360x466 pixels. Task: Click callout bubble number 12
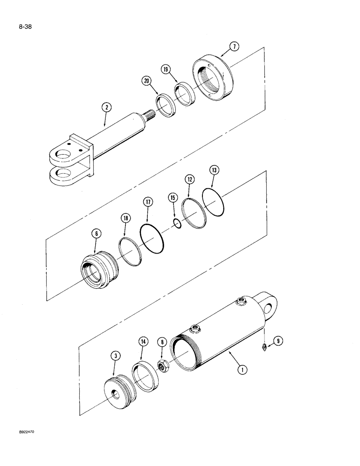189,179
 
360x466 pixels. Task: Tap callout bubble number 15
173,198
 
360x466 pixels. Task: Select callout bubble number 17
147,202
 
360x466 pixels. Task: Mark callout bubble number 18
126,218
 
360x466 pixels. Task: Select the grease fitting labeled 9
264,347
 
